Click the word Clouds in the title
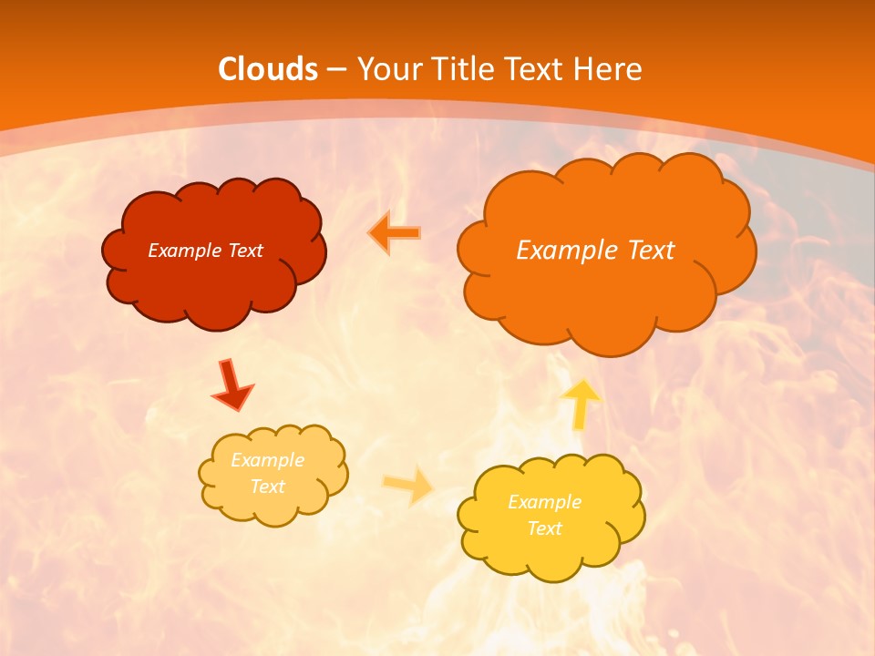(268, 69)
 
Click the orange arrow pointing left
(394, 232)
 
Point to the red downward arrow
(232, 384)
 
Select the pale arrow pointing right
(408, 485)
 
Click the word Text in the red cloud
(244, 251)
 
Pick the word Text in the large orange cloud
(651, 251)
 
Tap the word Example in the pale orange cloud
(268, 460)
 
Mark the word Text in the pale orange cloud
(268, 487)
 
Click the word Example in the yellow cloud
(544, 502)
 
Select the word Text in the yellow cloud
(544, 528)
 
